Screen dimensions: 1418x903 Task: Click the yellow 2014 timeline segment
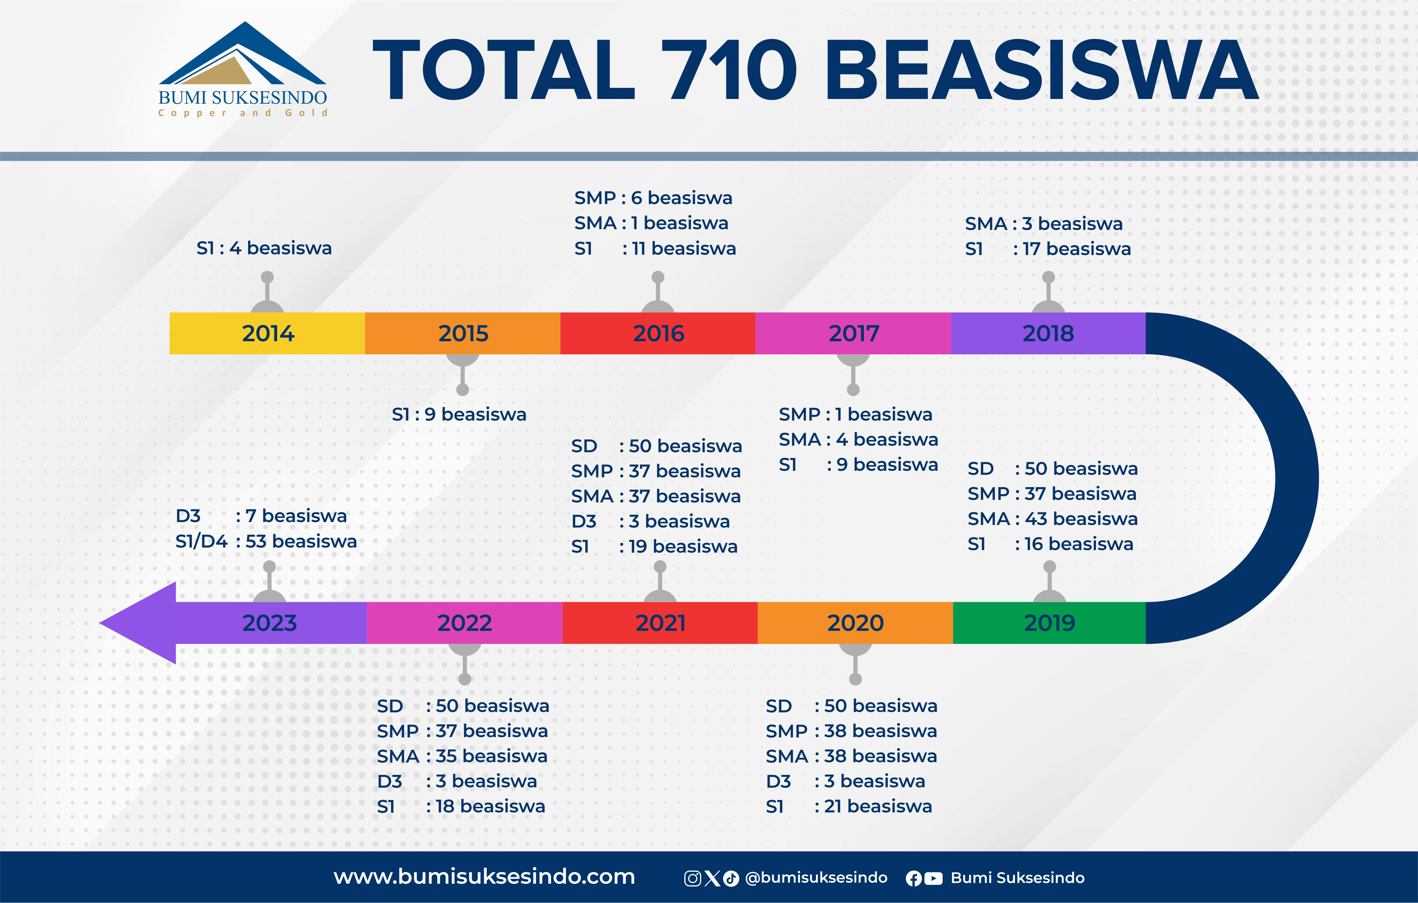coord(267,333)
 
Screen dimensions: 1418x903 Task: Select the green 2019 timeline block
coord(1049,622)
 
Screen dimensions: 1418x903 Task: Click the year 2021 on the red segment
coord(660,622)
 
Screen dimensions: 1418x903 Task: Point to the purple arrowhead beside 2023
coord(138,622)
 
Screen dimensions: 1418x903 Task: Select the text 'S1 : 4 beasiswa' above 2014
coord(264,248)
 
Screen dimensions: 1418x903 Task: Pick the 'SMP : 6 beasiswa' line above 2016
coord(653,198)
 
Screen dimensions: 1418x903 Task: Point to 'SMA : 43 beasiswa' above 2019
coord(1052,518)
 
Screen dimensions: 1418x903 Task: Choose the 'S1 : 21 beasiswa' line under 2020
coord(849,806)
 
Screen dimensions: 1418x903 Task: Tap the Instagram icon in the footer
coord(693,878)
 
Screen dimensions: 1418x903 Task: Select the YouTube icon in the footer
coord(933,878)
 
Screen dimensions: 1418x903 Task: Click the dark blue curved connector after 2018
coord(1297,478)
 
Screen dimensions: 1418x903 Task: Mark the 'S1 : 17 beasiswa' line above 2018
coord(1048,248)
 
